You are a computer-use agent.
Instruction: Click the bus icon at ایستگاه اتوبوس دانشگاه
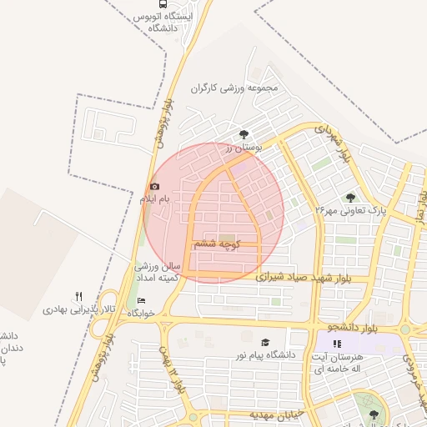(x=148, y=3)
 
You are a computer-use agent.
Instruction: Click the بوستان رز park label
(x=244, y=147)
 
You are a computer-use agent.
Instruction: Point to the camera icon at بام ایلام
(x=153, y=186)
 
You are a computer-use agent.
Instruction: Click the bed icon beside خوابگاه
(x=140, y=299)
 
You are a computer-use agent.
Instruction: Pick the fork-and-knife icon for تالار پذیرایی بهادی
(x=79, y=296)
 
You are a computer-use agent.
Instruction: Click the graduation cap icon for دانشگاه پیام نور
(x=265, y=342)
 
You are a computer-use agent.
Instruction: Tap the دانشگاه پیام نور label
(x=265, y=355)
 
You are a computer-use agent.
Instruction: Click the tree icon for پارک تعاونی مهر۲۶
(x=350, y=197)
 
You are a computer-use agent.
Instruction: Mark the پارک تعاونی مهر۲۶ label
(x=352, y=210)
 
